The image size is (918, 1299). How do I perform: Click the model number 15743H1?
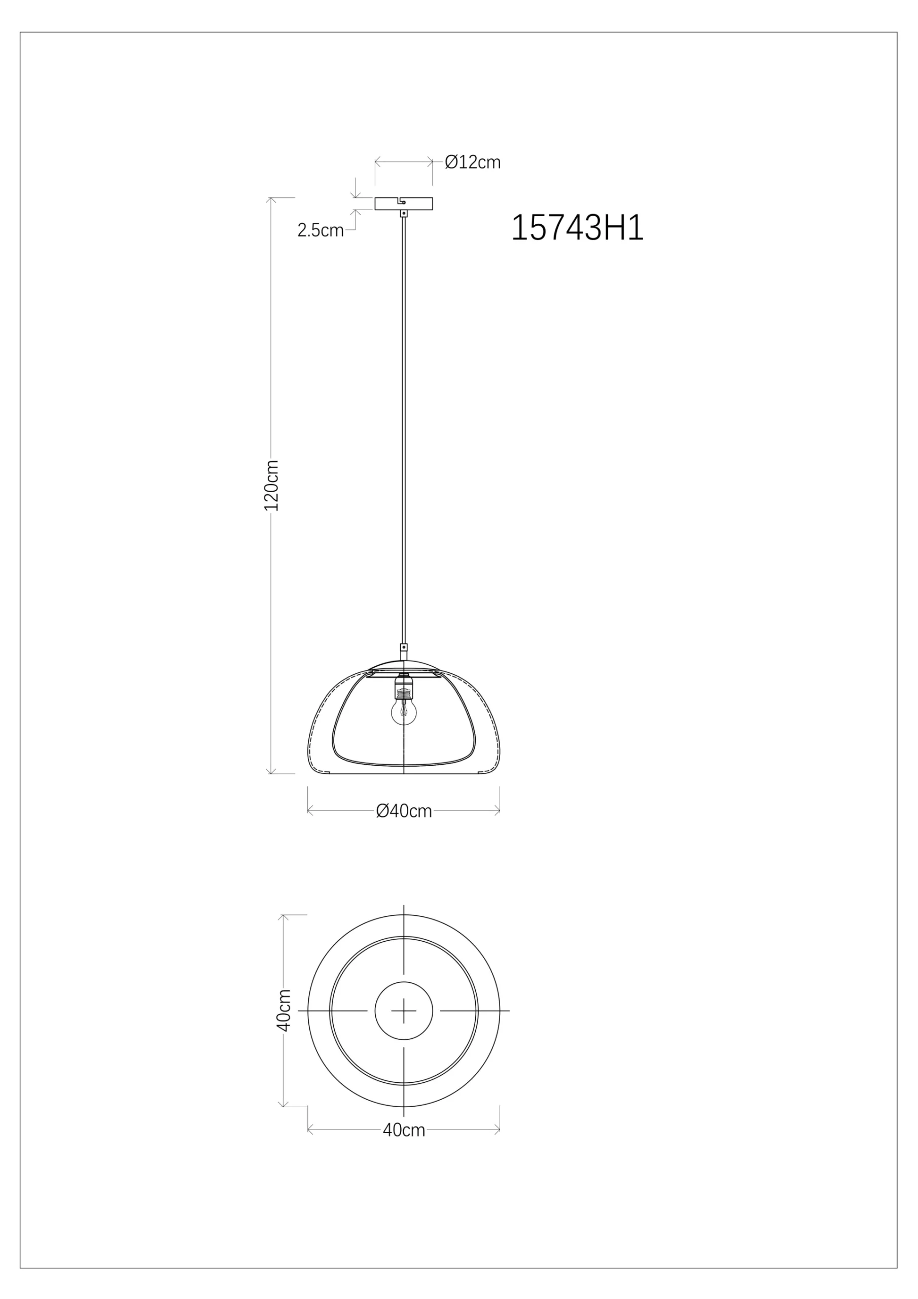click(x=577, y=228)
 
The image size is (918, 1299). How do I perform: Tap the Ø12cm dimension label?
click(x=472, y=162)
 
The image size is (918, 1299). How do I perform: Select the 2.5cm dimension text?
click(x=320, y=230)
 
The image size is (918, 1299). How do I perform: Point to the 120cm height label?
click(x=272, y=486)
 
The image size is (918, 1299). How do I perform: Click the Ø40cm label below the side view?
click(x=404, y=811)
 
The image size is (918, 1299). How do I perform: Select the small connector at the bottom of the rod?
click(x=403, y=648)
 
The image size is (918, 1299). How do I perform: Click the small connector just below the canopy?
click(x=403, y=214)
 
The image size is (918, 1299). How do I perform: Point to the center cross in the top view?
click(x=404, y=1010)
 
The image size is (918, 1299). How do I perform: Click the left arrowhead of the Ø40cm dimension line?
click(x=310, y=811)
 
